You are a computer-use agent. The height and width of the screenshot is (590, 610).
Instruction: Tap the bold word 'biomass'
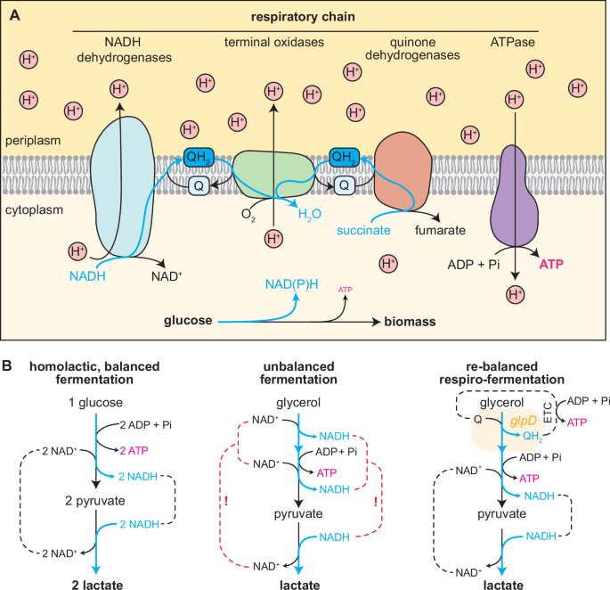pyautogui.click(x=411, y=319)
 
